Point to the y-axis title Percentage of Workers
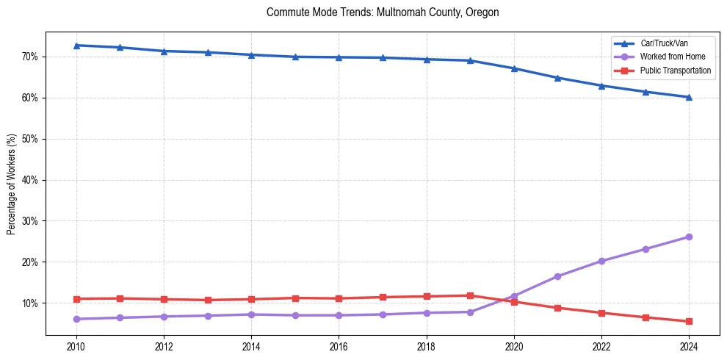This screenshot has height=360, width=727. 11,184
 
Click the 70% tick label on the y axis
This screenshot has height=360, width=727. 30,57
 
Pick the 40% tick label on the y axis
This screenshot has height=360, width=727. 30,180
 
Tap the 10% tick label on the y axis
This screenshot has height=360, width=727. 30,303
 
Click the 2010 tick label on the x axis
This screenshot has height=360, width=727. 76,345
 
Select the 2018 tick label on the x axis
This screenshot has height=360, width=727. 426,345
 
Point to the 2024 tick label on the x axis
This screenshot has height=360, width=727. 689,345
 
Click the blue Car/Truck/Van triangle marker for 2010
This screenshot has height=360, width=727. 76,46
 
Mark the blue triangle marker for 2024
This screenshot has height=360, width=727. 689,97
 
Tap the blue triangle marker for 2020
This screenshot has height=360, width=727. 514,68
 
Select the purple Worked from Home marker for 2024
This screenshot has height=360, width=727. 689,237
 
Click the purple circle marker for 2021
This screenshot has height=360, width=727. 557,276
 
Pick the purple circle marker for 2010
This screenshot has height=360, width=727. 76,319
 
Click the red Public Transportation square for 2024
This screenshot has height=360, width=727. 689,321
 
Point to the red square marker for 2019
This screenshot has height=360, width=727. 470,295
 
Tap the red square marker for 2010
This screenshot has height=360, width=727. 76,299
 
